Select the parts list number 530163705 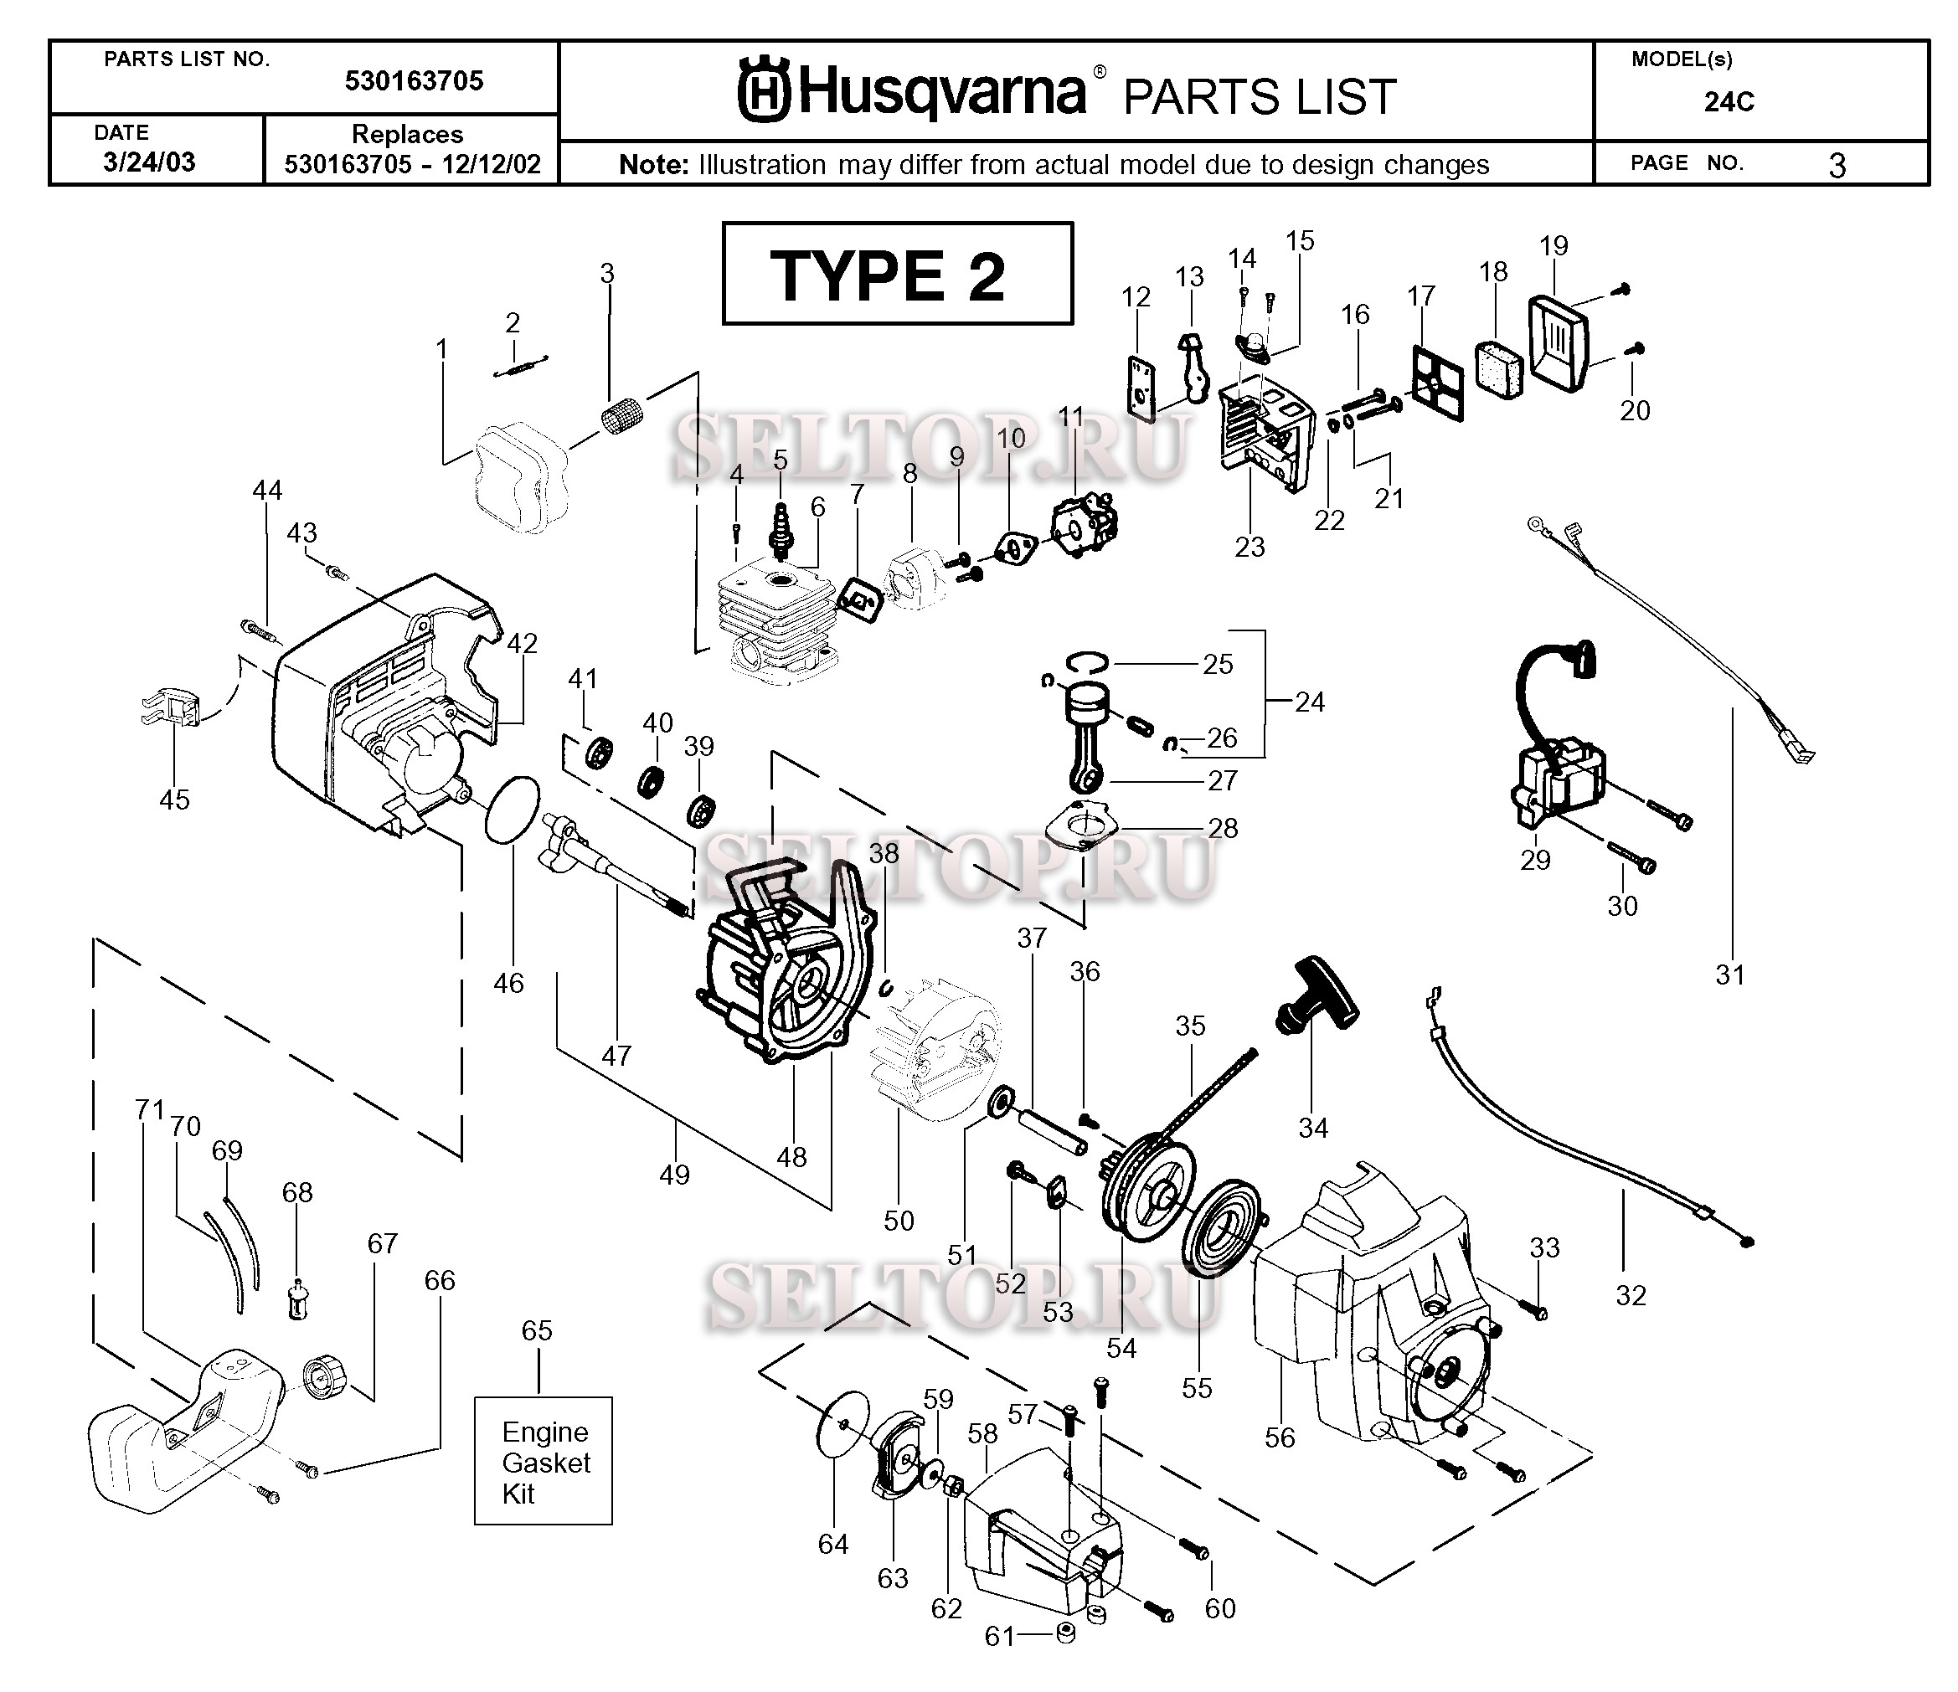click(x=414, y=81)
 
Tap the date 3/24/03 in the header click(x=149, y=162)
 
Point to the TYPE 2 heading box click(x=897, y=274)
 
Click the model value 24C click(x=1729, y=102)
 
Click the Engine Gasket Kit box click(x=544, y=1462)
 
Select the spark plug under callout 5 click(x=781, y=531)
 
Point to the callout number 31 click(x=1730, y=975)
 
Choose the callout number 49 click(x=674, y=1175)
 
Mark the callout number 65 click(x=537, y=1330)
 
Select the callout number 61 click(x=999, y=1635)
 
